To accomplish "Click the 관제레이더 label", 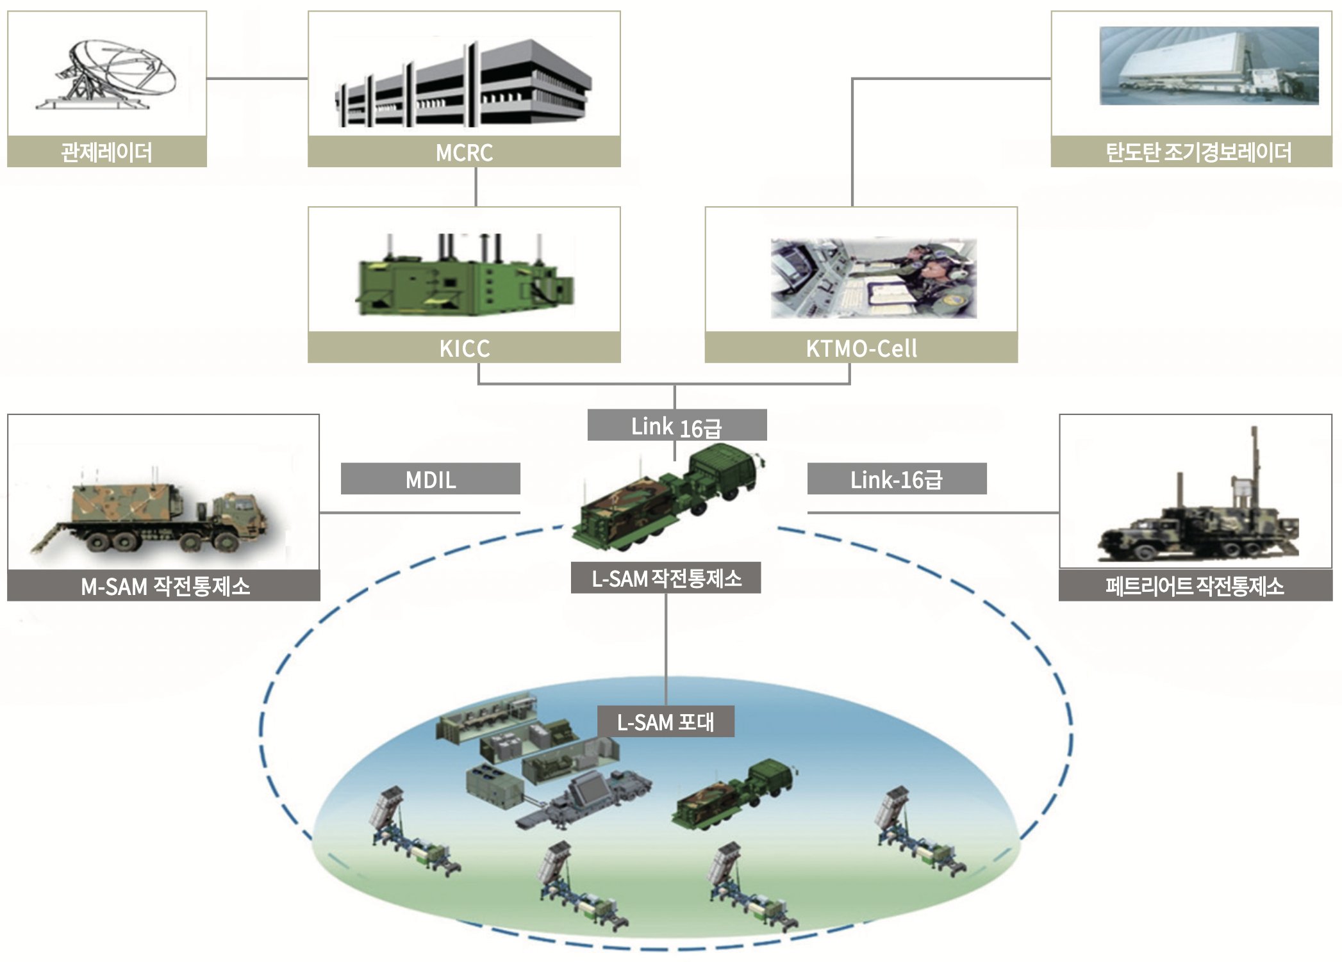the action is point(107,152).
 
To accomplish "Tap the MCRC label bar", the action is point(464,152).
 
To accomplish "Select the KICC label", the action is point(464,348).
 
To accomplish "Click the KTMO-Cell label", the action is point(861,348).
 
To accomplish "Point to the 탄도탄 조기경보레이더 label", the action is point(1191,152).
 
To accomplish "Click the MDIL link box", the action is point(431,479).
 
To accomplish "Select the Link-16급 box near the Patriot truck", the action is point(897,479).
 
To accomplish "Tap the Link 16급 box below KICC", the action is point(677,425).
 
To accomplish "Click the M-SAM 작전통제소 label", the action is point(164,585).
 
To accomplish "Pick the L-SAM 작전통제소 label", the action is point(666,578).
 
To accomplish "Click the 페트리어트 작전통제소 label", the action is point(1195,585).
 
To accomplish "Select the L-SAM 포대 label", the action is point(666,722).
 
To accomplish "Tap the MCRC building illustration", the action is point(463,83).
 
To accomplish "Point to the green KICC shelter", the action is point(465,277).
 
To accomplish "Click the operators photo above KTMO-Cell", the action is point(874,278).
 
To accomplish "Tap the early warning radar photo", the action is point(1209,65).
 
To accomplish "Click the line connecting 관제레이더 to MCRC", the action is point(257,79).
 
